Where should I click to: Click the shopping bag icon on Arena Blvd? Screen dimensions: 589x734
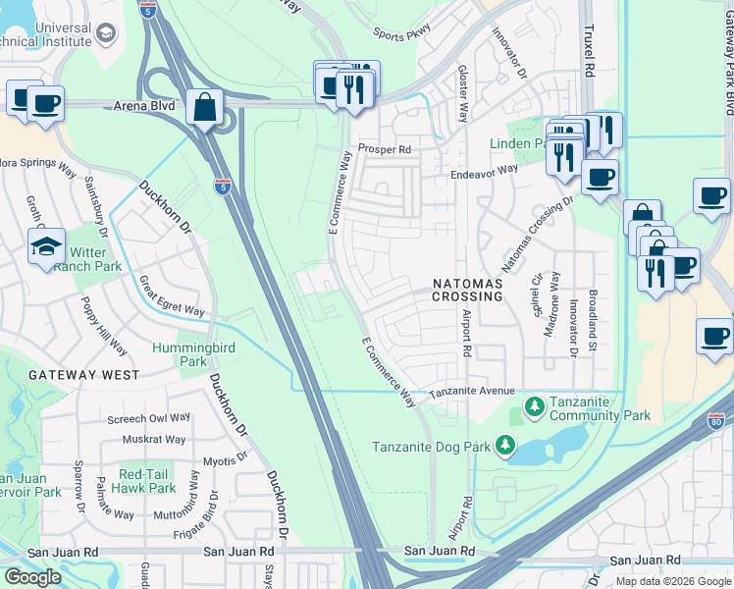click(204, 107)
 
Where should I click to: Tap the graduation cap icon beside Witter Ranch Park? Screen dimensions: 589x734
click(46, 246)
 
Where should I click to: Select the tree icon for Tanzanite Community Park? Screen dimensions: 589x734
click(534, 404)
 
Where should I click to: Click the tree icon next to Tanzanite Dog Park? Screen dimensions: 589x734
click(505, 446)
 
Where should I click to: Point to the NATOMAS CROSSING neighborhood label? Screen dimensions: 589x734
click(468, 290)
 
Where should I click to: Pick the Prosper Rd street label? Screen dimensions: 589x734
click(383, 149)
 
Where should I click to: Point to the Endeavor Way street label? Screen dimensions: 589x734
click(485, 170)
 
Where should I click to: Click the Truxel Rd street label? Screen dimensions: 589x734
click(590, 51)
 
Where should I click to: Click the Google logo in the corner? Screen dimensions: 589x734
click(32, 576)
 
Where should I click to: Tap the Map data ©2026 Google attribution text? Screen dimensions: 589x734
click(672, 581)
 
